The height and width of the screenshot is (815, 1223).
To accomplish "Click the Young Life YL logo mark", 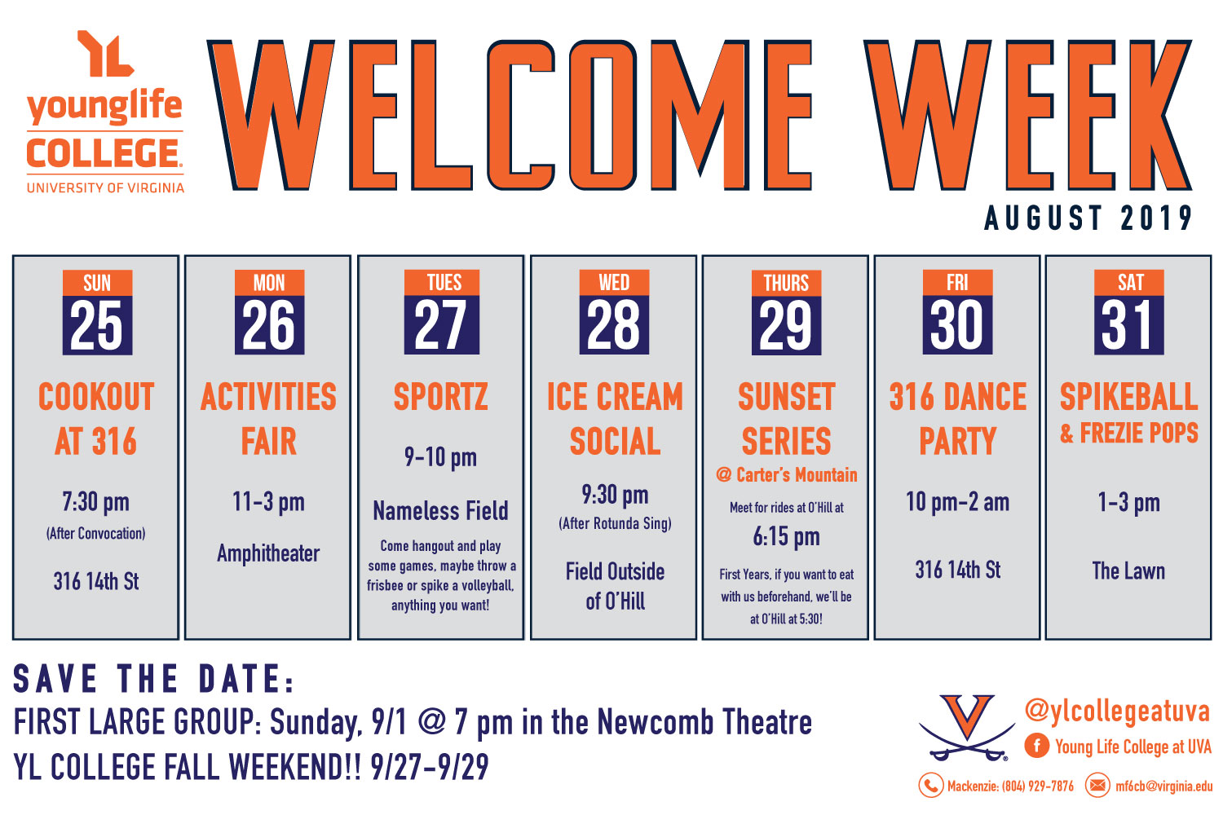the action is click(x=105, y=53).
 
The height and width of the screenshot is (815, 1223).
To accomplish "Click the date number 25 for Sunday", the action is click(x=97, y=326).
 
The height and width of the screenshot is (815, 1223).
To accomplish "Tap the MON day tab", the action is click(x=269, y=283).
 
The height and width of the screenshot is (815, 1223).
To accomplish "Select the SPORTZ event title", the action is click(x=440, y=397).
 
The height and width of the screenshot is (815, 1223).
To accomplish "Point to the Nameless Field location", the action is click(x=440, y=511).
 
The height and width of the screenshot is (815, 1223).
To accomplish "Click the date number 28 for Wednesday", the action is click(x=614, y=326).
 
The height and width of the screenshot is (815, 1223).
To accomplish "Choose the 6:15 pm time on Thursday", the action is click(x=786, y=537).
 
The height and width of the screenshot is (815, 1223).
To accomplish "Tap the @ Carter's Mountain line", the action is click(x=786, y=475).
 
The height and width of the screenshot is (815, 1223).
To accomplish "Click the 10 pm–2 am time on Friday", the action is click(x=958, y=502).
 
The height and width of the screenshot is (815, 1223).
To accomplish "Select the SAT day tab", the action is click(x=1129, y=283).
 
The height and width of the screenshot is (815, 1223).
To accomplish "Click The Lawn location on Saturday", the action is click(x=1128, y=571).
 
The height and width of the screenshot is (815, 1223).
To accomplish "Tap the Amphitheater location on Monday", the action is click(x=268, y=553).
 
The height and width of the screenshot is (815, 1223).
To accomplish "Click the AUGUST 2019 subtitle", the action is click(x=1088, y=218).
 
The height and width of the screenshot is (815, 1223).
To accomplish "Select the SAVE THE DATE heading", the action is click(x=154, y=679).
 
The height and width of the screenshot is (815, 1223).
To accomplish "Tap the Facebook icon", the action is click(x=1036, y=746).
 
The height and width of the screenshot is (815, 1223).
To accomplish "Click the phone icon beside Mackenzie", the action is click(x=931, y=786).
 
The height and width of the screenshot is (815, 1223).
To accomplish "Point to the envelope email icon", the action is click(x=1097, y=786).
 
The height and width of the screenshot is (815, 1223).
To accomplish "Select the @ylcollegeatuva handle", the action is click(x=1117, y=711).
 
